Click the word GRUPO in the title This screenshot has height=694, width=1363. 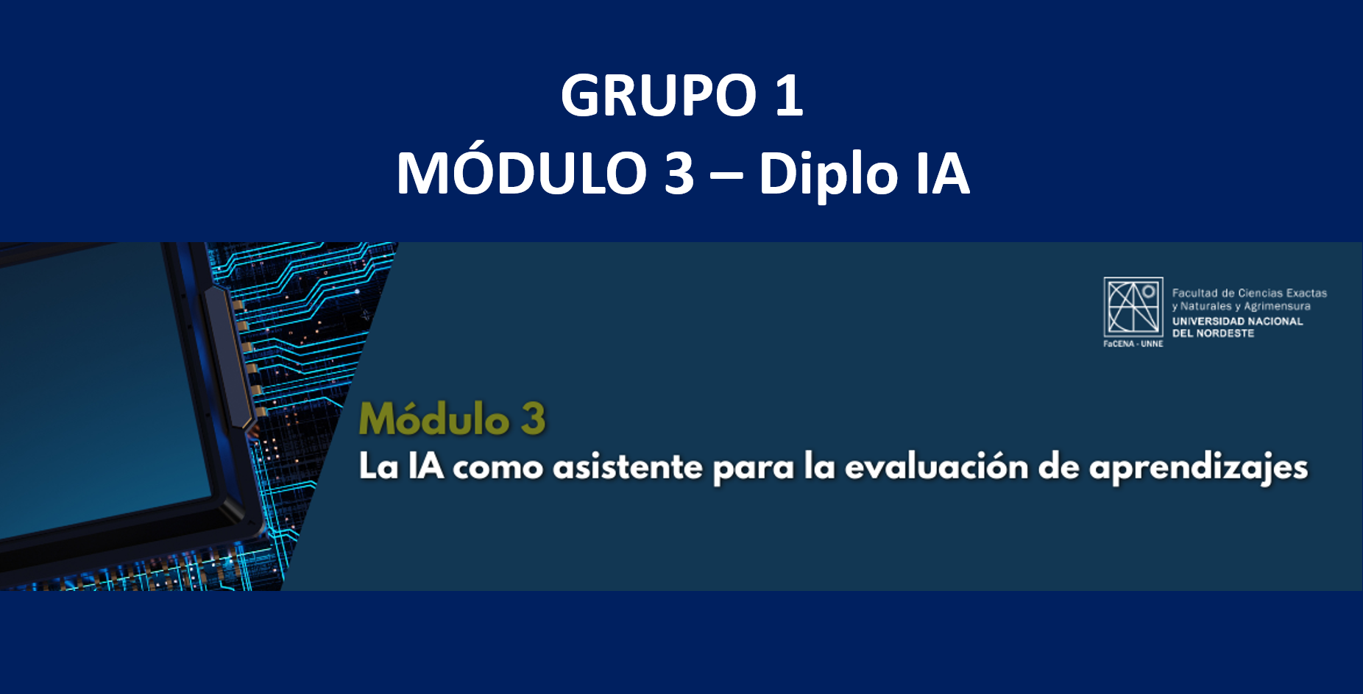point(659,95)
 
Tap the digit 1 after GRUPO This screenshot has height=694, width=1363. point(789,95)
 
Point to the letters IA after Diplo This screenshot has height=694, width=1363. point(943,173)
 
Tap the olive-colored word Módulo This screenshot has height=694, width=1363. point(434,418)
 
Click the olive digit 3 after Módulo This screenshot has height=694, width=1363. point(534,419)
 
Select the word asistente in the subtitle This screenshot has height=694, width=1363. point(628,467)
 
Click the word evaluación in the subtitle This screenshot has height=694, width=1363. point(936,467)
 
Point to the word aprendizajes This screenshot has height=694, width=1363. point(1198,470)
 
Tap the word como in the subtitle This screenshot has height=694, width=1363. point(498,469)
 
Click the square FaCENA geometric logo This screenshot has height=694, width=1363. point(1133,307)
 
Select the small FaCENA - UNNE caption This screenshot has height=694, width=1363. point(1133,344)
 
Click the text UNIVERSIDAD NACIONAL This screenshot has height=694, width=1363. point(1238,321)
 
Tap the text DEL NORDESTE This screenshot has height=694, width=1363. point(1213,333)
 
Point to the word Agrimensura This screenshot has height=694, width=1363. point(1277,306)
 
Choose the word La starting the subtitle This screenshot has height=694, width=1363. point(378,467)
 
